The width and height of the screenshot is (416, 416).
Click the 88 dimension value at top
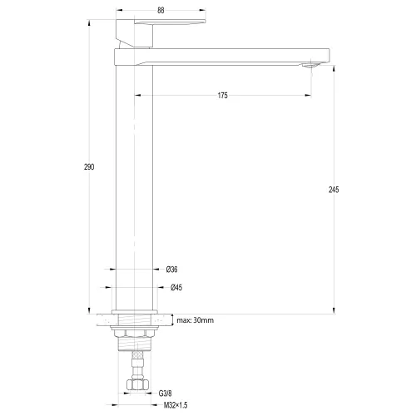click(x=161, y=10)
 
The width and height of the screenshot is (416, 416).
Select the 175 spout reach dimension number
click(x=223, y=96)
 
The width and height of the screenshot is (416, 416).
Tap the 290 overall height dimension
click(x=89, y=167)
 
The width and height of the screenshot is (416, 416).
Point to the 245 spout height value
click(x=334, y=190)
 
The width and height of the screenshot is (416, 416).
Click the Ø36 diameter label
click(x=172, y=270)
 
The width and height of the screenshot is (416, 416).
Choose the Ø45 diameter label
click(x=176, y=288)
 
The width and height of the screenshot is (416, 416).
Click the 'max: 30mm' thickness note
click(x=196, y=320)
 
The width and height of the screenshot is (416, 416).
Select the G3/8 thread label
click(x=165, y=394)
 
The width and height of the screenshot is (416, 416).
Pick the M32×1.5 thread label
click(x=176, y=405)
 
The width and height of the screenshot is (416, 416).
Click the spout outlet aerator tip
click(x=310, y=66)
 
